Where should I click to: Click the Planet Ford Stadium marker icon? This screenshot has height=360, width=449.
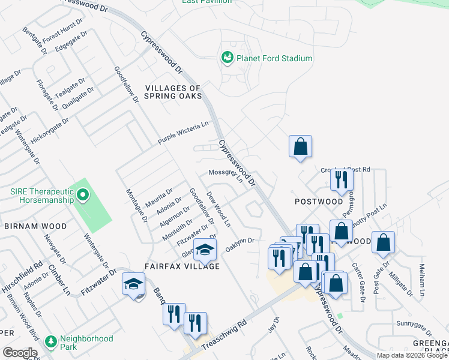[228, 58]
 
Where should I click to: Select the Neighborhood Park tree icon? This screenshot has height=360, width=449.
[51, 341]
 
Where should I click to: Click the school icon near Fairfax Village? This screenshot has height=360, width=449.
[205, 250]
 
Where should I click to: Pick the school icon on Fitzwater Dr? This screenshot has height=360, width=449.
[133, 284]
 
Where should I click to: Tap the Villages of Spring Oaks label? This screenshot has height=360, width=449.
[173, 92]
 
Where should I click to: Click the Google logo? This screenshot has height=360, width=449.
[20, 353]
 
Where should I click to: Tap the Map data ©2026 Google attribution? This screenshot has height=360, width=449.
[411, 355]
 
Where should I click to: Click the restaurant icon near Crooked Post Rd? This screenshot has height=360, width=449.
[342, 179]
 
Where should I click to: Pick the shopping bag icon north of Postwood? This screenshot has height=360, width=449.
[300, 146]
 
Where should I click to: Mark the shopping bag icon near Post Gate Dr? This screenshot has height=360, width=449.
[383, 243]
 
